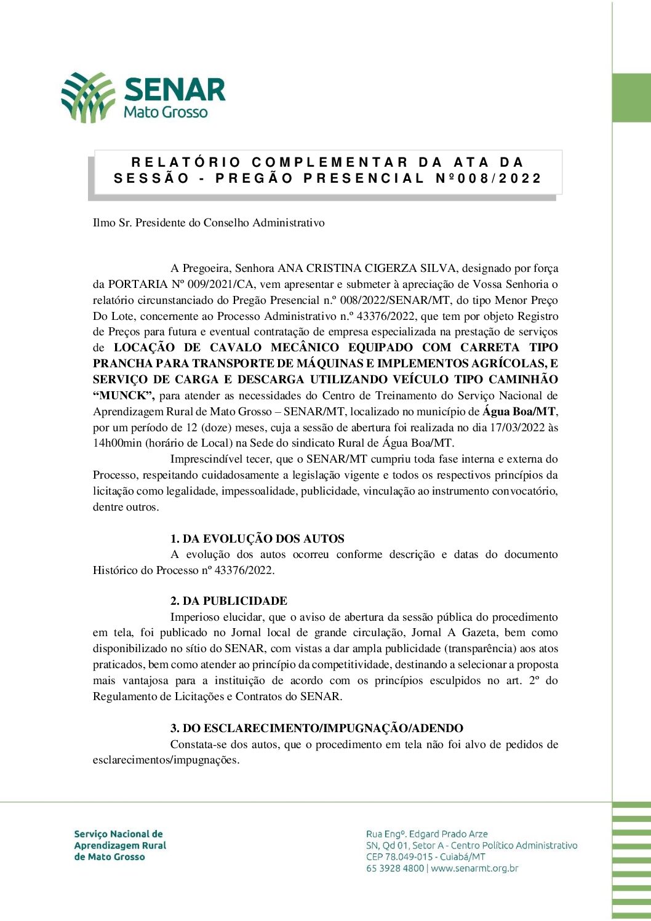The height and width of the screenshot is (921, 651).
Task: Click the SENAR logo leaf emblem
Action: [88, 97]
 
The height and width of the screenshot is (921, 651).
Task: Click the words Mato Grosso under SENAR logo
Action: [166, 112]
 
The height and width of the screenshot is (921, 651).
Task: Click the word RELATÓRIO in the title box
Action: [186, 162]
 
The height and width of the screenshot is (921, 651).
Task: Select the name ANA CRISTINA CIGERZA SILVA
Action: [367, 268]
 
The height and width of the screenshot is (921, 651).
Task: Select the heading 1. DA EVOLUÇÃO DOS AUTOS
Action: [257, 539]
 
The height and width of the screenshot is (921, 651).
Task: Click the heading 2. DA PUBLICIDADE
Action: [229, 601]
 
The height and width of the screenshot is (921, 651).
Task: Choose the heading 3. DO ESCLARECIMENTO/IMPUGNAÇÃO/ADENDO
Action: [316, 728]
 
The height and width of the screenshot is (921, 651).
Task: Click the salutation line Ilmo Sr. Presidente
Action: [209, 223]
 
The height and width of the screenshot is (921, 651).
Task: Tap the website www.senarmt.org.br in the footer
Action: [474, 869]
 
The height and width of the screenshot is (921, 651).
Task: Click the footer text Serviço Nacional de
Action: [119, 834]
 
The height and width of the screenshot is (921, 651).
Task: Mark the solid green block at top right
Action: [631, 98]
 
